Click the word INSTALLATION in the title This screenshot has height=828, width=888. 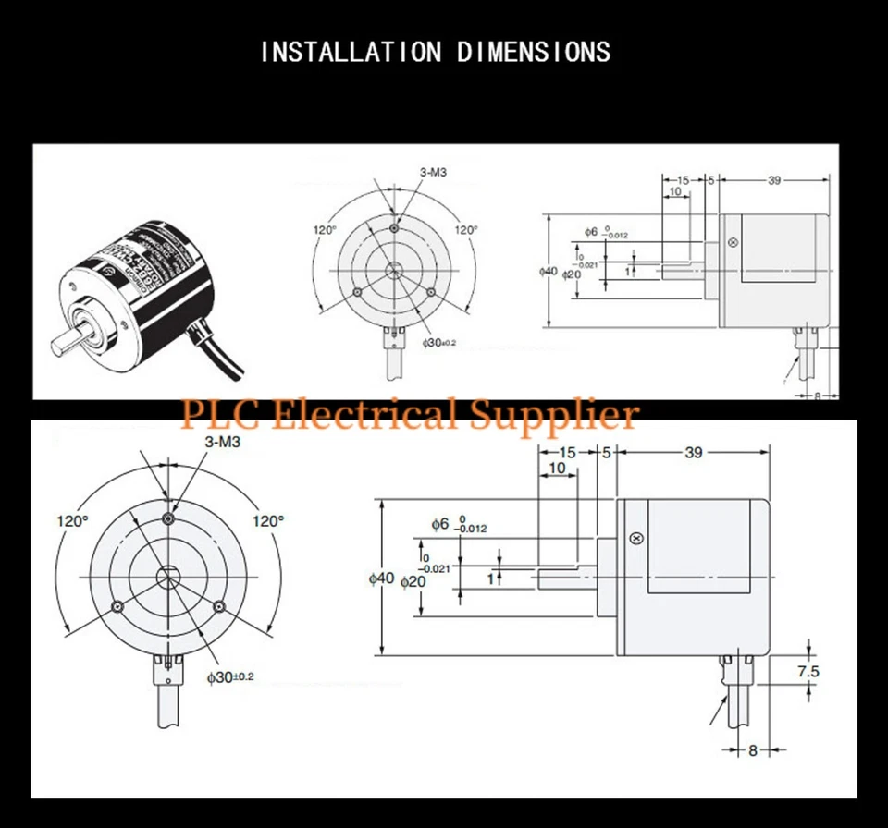coord(351,52)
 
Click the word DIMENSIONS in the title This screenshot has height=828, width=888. coord(534,52)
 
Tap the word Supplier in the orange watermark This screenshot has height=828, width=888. coord(554,412)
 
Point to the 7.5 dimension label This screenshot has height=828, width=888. coord(808,672)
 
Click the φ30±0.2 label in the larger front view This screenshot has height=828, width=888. coord(230,677)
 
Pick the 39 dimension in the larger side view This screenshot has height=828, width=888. coord(693,452)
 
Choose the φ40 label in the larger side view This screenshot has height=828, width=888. coord(381,578)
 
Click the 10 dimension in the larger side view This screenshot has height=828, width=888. coord(557,469)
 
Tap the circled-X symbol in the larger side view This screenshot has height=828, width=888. coord(635,539)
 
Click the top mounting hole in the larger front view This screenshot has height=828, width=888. coord(167,518)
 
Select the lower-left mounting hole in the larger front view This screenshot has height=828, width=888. coord(117,606)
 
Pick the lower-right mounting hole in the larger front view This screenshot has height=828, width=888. coord(218,606)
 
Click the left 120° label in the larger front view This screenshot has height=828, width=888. coord(72,521)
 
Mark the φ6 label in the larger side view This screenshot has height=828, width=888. coord(440,524)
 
